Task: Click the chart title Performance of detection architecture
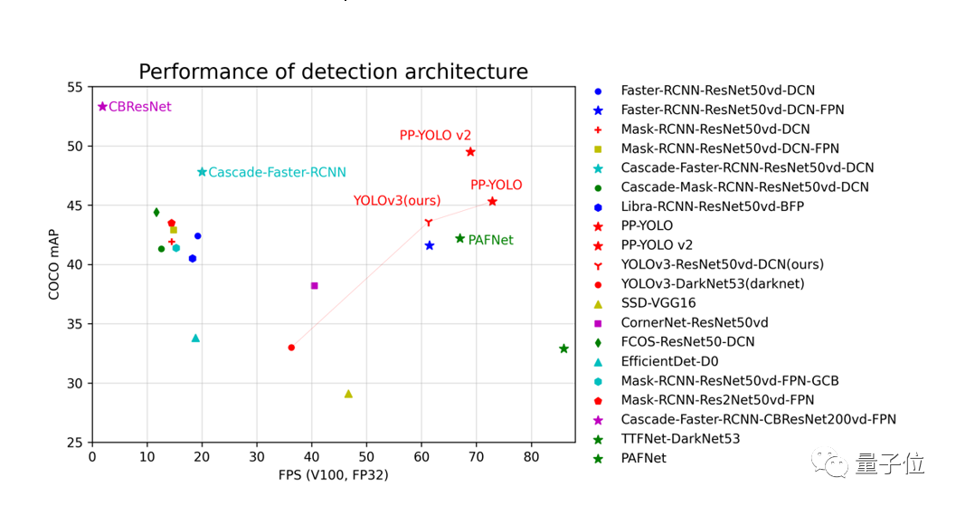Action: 333,72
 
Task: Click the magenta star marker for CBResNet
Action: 102,107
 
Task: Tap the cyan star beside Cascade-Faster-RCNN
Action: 202,172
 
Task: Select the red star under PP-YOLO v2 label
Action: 470,152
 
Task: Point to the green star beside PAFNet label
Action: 459,239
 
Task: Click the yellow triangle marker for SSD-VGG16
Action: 348,394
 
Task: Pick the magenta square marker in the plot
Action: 314,286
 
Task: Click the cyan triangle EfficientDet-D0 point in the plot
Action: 195,339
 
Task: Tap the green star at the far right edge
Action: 563,348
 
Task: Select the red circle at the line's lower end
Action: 291,348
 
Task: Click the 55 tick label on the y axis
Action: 74,87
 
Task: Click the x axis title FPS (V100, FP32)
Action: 332,474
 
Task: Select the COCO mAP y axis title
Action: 53,264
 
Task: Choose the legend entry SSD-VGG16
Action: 658,303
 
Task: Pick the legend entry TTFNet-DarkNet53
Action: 679,439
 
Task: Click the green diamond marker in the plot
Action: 156,213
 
